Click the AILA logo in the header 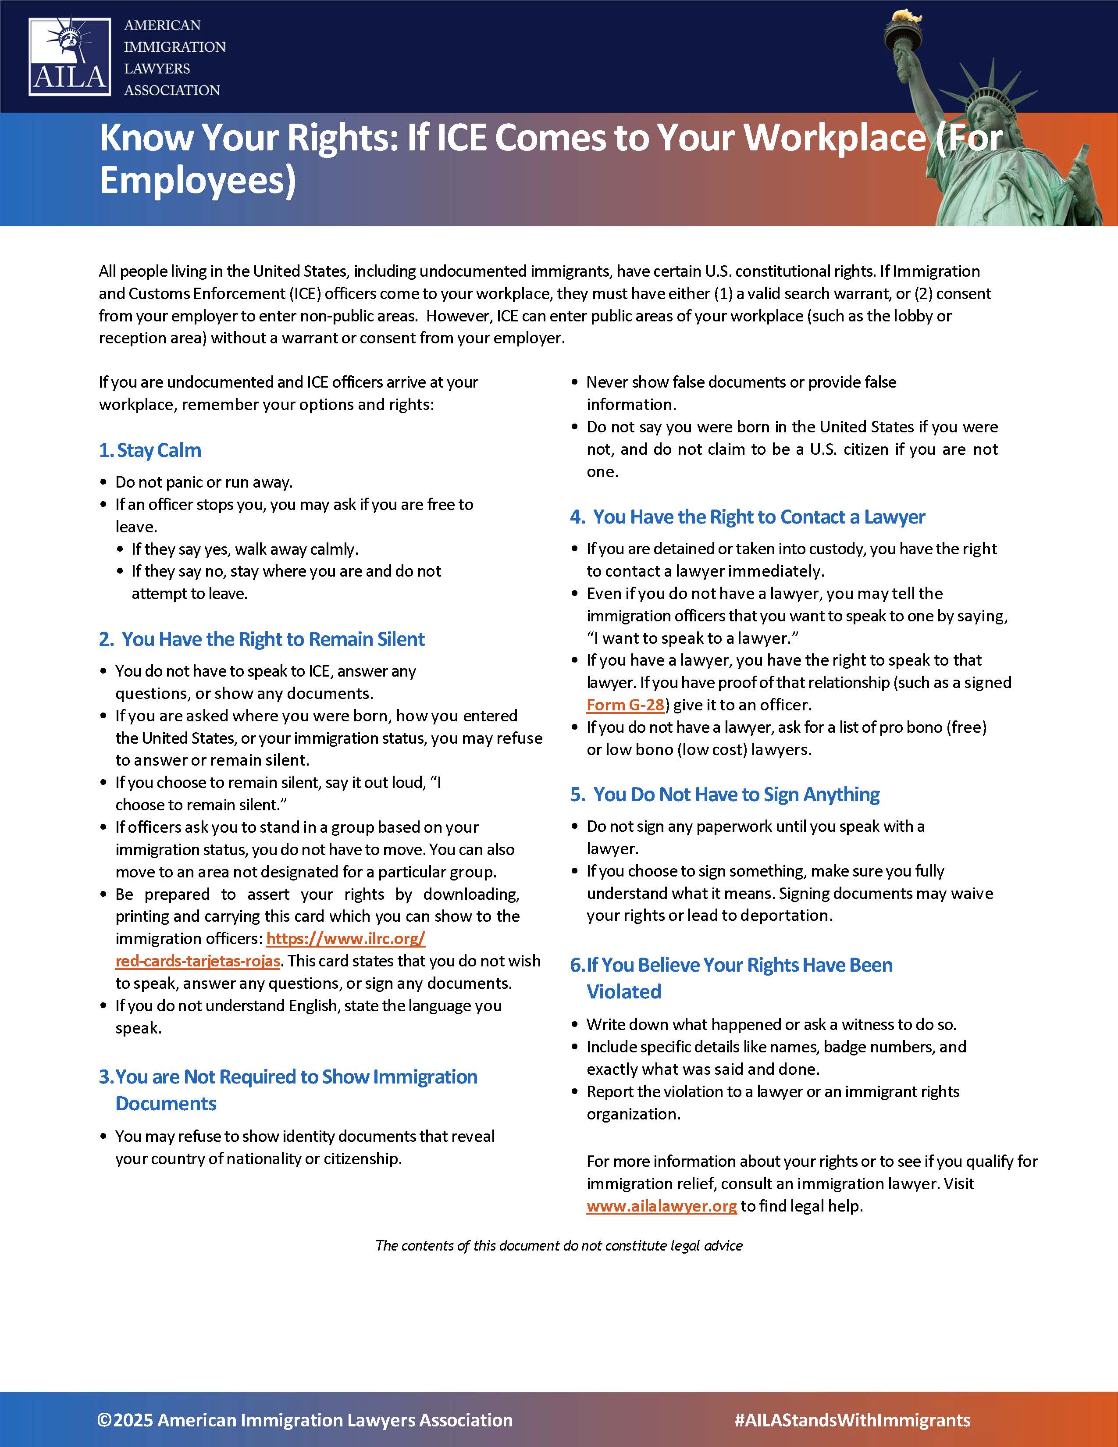pyautogui.click(x=70, y=57)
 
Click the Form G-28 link pyautogui.click(x=625, y=705)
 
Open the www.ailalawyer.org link pyautogui.click(x=661, y=1206)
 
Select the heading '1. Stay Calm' pyautogui.click(x=150, y=450)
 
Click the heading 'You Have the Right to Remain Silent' pyautogui.click(x=272, y=639)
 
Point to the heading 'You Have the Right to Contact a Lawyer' pyautogui.click(x=758, y=517)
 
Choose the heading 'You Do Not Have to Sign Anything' pyautogui.click(x=736, y=795)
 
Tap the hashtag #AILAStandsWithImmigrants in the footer pyautogui.click(x=852, y=1420)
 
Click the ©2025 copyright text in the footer pyautogui.click(x=305, y=1420)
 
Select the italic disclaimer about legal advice pyautogui.click(x=558, y=1246)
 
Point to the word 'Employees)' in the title pyautogui.click(x=197, y=181)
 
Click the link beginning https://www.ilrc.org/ pyautogui.click(x=346, y=939)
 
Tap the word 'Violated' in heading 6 pyautogui.click(x=624, y=992)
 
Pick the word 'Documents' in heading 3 pyautogui.click(x=166, y=1104)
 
